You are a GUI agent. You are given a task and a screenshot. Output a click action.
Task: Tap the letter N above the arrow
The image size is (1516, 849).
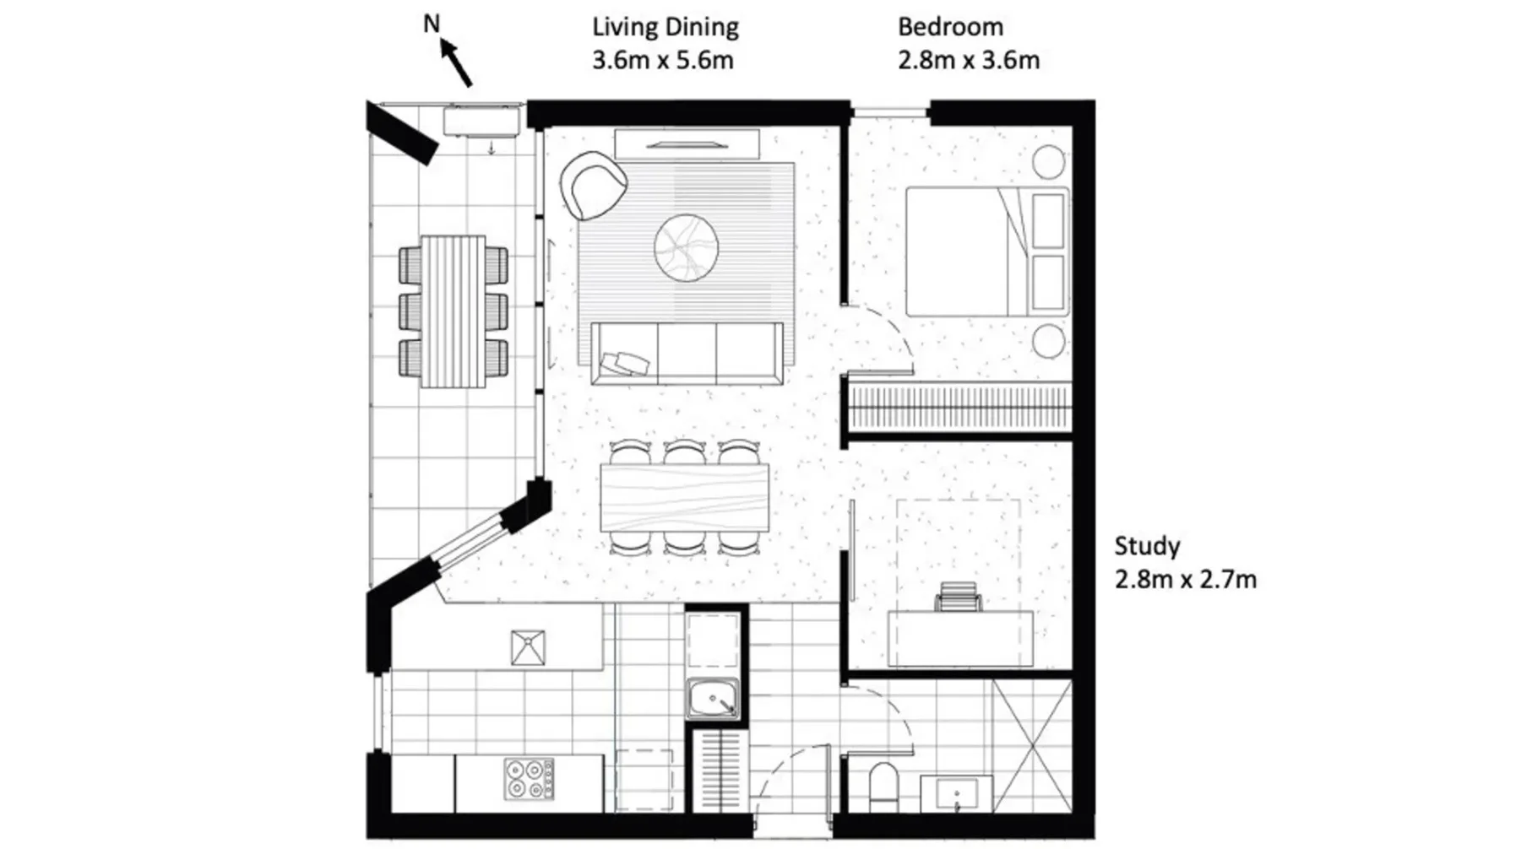pos(432,24)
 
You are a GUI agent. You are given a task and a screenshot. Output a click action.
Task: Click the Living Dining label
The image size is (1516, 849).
pos(666,27)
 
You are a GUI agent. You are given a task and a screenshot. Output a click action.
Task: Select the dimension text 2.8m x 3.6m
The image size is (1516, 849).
pos(969,61)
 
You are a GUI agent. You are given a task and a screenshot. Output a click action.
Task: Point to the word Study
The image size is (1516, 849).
pos(1147,547)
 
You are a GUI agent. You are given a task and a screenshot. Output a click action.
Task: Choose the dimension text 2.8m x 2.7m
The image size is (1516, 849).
pos(1186,580)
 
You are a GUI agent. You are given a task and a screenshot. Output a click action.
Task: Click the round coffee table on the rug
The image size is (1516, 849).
pos(687,248)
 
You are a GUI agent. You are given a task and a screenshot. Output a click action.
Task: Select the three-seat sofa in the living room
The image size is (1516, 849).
pos(686,353)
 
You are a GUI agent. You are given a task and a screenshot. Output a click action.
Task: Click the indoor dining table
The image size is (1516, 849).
pos(685,497)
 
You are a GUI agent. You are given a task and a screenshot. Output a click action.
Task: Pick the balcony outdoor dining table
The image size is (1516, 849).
pos(454,311)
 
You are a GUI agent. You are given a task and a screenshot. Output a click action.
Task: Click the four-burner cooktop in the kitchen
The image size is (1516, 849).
pos(530,779)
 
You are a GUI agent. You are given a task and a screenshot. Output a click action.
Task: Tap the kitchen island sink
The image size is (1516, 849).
pos(528,647)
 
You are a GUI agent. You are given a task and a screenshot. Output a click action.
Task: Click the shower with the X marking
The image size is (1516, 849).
pos(1032,745)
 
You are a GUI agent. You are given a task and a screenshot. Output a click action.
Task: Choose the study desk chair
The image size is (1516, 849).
pos(959,597)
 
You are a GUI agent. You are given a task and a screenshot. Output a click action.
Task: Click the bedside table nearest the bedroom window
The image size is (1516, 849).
pos(1049,162)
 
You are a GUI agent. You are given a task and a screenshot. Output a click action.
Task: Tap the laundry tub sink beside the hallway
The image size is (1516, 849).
pos(713,699)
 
